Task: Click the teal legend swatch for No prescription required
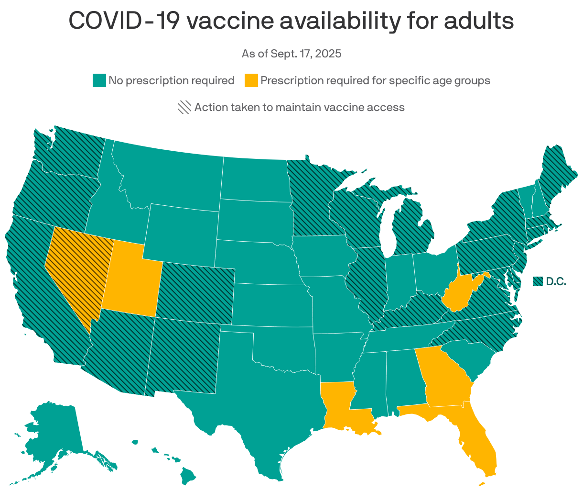99,80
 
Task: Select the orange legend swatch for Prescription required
251,80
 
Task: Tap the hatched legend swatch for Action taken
184,107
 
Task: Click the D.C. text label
556,282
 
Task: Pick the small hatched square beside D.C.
538,282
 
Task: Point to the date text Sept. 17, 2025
306,54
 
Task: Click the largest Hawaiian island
188,475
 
